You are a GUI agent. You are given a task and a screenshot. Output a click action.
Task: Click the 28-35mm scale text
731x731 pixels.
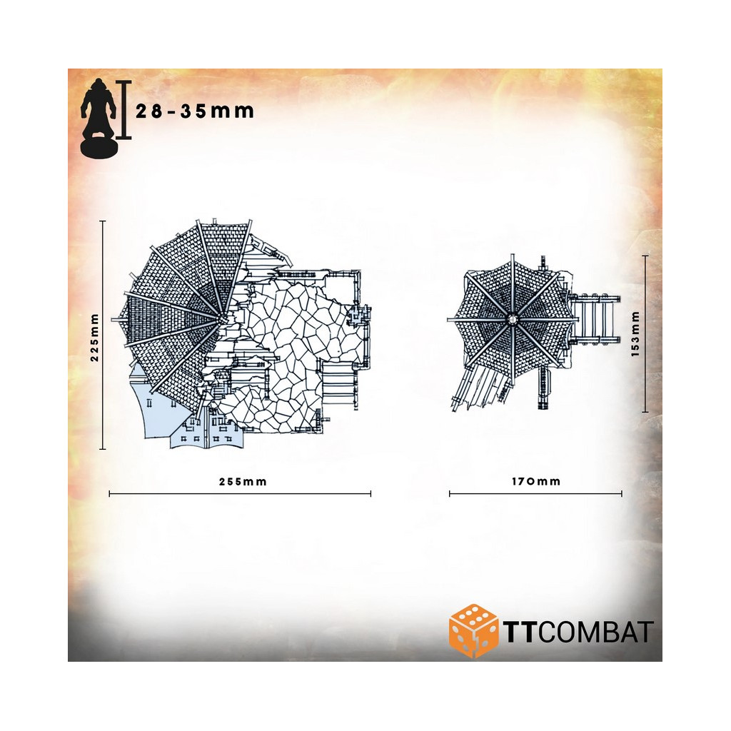click(195, 111)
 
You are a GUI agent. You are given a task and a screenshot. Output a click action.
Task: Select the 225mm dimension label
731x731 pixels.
click(95, 337)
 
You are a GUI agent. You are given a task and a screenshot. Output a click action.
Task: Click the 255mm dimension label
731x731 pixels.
click(243, 482)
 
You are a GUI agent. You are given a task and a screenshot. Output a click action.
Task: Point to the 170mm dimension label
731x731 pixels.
click(536, 481)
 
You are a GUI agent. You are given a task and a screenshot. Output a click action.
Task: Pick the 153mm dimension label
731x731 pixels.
click(635, 334)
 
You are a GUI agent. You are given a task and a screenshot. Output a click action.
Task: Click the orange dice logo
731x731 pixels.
click(473, 631)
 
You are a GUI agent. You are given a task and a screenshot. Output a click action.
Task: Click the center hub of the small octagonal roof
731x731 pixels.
click(512, 319)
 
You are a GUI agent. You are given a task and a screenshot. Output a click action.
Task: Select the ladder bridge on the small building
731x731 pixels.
click(595, 319)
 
